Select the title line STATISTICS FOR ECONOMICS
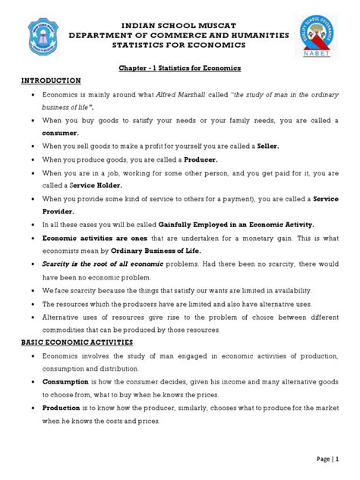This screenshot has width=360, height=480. (180, 45)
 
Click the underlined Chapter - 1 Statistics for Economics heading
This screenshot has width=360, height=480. (180, 68)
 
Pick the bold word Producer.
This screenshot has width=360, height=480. (195, 159)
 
